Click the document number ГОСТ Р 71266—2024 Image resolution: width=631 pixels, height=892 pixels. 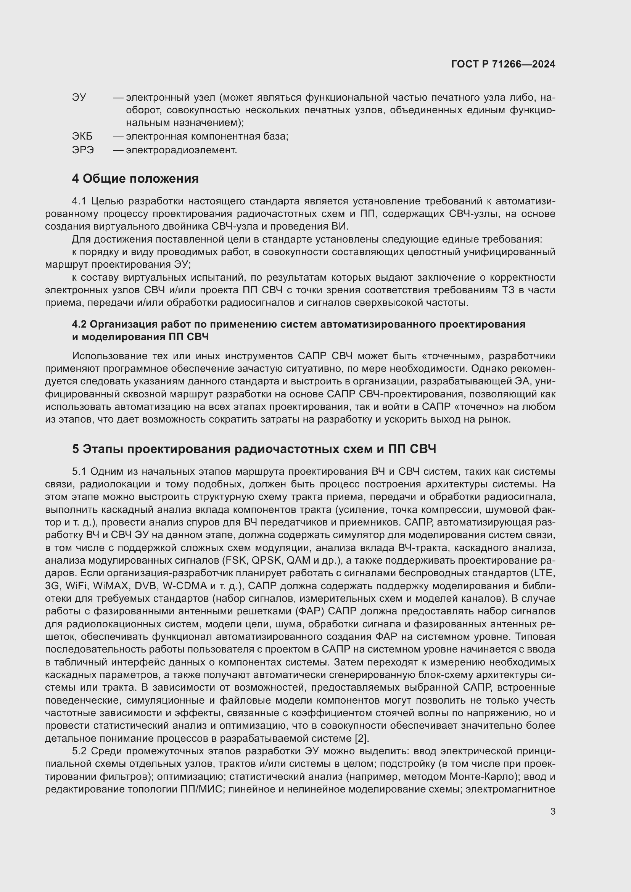coord(503,64)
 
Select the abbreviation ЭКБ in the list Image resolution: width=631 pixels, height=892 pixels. coord(82,137)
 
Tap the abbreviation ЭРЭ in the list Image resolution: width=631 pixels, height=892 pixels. coord(83,150)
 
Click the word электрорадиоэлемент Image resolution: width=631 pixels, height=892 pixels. coord(182,150)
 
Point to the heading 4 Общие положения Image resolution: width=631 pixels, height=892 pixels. coord(135,179)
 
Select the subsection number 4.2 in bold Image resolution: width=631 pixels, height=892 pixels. coord(79,325)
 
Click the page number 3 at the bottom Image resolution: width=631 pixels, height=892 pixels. coord(553,812)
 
